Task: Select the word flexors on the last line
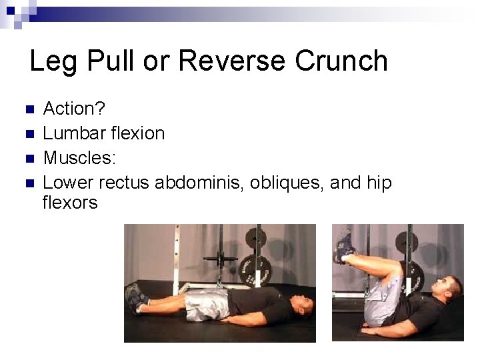[x=69, y=202]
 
